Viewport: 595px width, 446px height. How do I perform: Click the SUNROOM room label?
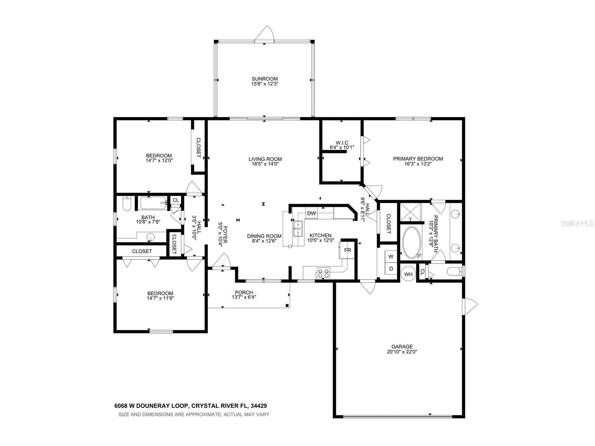click(265, 79)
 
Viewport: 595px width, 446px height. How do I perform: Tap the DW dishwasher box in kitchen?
click(311, 213)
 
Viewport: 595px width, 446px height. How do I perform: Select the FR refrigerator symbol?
click(347, 250)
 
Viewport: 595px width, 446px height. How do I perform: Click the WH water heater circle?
click(408, 274)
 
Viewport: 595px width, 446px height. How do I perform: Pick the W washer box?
click(391, 257)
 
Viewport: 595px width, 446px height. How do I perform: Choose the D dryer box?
click(391, 269)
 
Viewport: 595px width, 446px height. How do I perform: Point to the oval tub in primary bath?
click(411, 242)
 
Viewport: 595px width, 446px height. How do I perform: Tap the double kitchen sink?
click(298, 229)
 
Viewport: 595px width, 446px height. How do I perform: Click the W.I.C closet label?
click(342, 143)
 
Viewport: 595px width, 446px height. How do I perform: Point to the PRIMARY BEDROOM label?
click(418, 158)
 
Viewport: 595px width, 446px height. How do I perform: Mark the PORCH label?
click(244, 292)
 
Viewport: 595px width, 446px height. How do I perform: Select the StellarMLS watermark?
click(577, 224)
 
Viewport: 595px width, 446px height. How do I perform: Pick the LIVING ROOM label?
click(265, 159)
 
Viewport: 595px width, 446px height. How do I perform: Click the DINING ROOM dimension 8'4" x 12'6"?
click(264, 241)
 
